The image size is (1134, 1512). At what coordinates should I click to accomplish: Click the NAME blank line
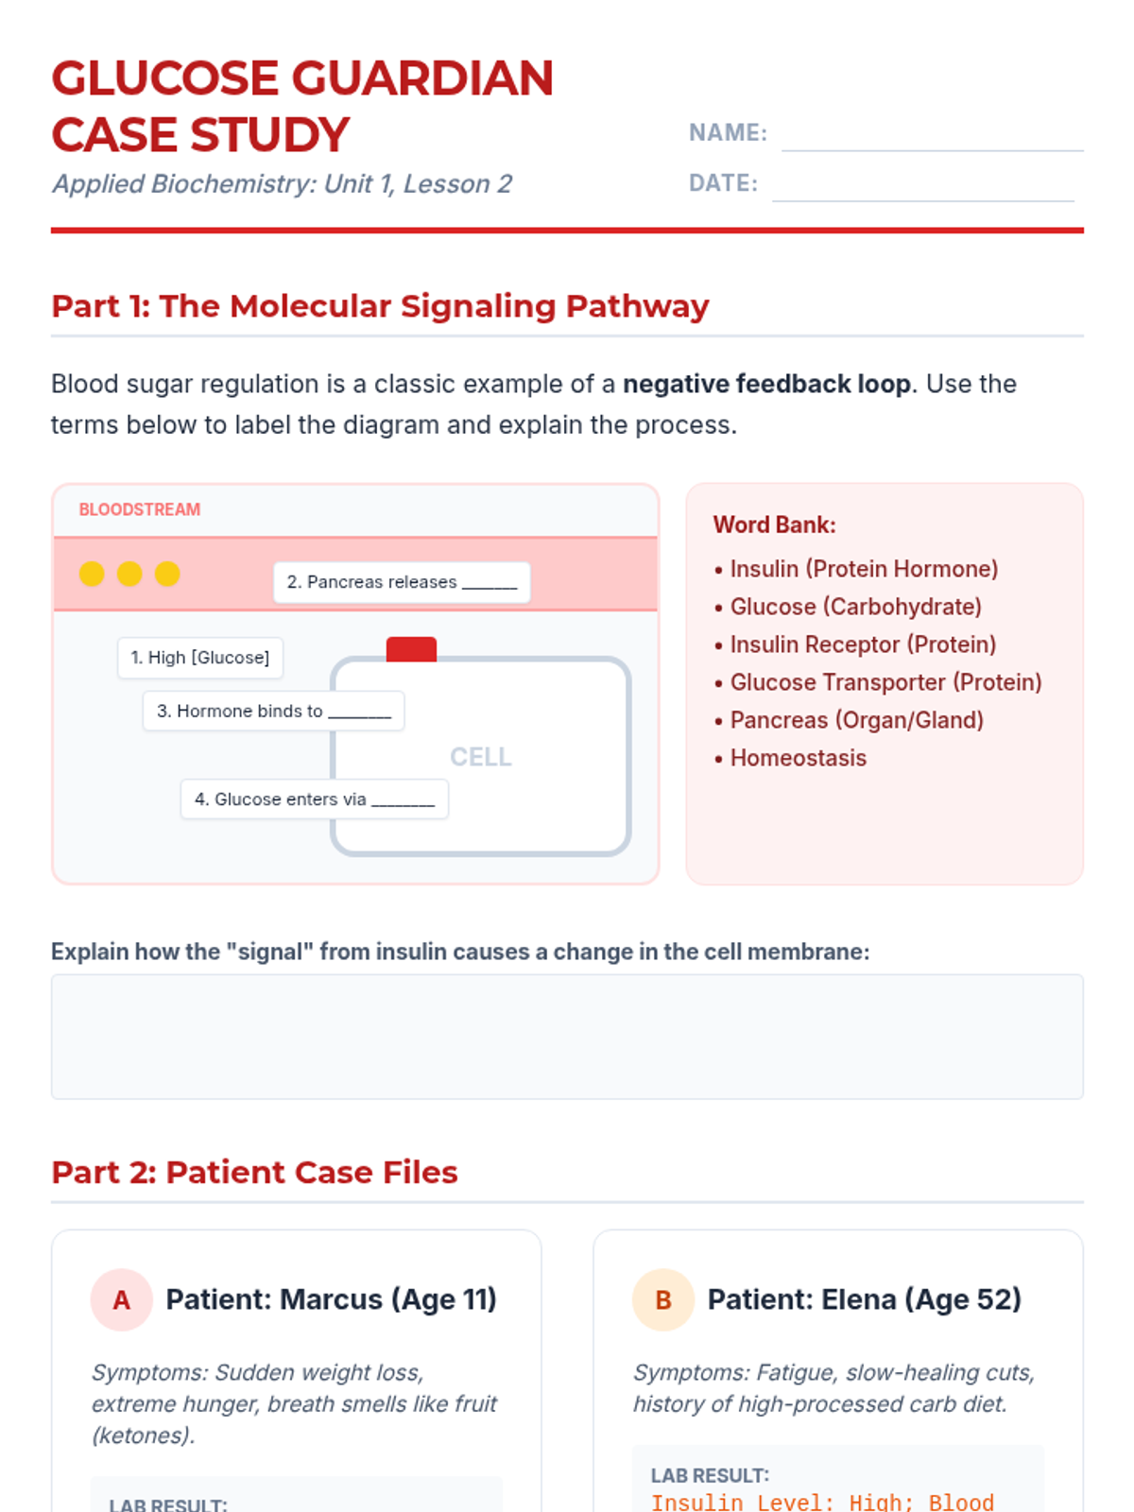933,149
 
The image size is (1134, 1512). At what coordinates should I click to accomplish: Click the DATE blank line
922,200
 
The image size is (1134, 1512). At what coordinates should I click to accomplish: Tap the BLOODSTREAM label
140,509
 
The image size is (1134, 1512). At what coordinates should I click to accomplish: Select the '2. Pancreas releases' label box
403,582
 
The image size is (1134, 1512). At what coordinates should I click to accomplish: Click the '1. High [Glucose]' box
200,658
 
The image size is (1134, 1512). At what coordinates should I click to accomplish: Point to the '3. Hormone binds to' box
273,711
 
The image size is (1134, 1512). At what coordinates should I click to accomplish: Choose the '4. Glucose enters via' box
315,799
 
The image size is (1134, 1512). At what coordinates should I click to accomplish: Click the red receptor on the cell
411,649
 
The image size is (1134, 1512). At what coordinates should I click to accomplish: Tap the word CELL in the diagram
481,756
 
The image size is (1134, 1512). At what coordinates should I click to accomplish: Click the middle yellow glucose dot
129,573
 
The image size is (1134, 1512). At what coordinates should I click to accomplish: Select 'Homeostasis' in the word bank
798,758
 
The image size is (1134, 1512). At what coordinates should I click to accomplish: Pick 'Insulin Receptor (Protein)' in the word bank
863,644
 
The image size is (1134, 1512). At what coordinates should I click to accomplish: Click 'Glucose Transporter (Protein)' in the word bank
885,682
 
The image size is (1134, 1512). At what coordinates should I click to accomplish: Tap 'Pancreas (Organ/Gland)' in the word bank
856,720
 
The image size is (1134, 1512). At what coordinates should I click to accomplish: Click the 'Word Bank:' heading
775,524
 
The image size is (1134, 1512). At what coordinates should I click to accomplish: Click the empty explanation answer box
567,1036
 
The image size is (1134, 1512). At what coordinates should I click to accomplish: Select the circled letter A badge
121,1299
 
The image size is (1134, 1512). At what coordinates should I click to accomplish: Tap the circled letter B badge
663,1299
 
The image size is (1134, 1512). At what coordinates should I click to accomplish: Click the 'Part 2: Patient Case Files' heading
255,1172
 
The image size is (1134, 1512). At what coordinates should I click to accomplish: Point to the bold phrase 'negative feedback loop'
767,384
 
